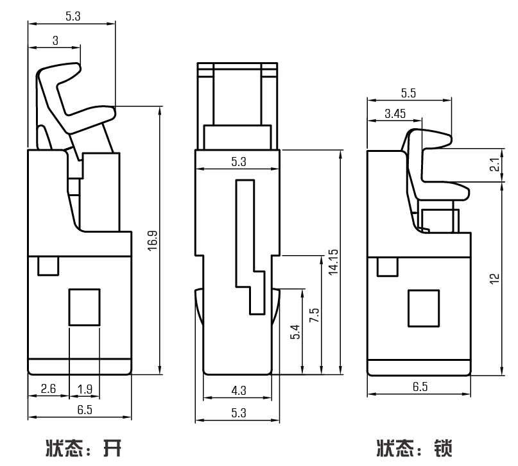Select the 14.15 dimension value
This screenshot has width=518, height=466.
coord(332,263)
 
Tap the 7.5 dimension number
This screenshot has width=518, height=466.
coord(314,314)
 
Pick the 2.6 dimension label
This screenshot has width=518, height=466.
coord(48,388)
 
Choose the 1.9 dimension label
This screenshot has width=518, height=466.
coord(84,388)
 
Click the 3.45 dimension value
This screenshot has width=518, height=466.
coord(395,113)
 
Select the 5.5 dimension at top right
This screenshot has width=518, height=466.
coord(408,93)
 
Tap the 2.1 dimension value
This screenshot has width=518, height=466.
coord(494,165)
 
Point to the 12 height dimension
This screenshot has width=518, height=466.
coord(494,278)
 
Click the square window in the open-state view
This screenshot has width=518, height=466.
coord(84,306)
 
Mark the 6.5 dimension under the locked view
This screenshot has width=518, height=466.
coord(419,387)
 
